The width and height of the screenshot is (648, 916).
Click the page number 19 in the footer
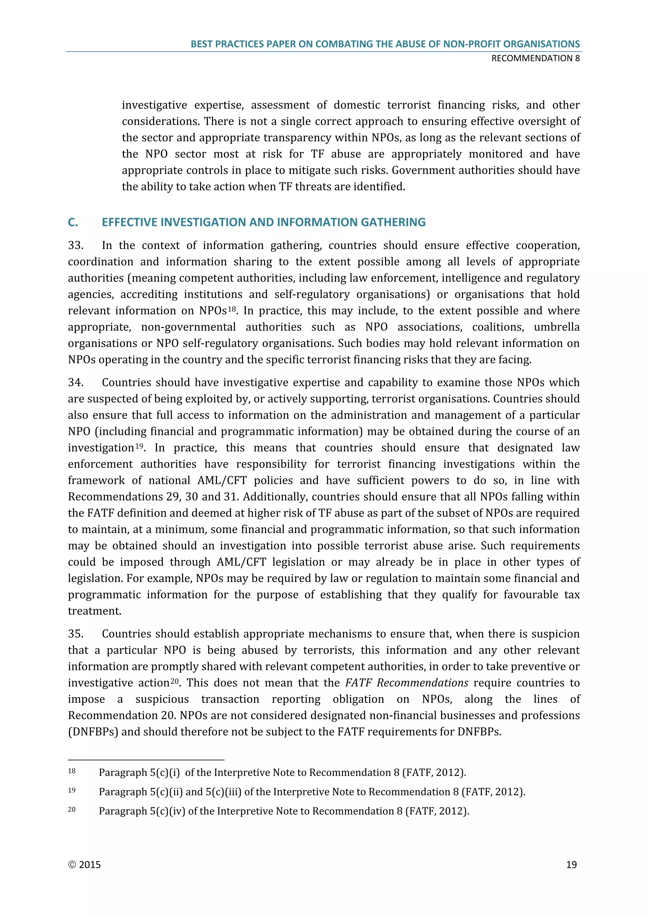click(571, 864)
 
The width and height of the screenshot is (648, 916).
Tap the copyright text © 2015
click(84, 864)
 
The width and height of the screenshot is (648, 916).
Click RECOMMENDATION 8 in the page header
click(535, 58)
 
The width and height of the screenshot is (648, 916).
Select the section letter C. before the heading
click(73, 222)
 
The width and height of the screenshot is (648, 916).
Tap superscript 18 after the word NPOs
click(232, 308)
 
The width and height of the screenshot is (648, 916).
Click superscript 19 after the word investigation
click(139, 445)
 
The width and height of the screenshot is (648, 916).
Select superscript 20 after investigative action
click(175, 681)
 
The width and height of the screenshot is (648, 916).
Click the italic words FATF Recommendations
click(406, 683)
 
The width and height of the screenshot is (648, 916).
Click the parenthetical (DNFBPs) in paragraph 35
click(93, 732)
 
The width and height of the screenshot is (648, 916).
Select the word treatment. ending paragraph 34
click(95, 611)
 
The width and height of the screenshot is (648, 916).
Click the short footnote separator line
click(146, 760)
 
